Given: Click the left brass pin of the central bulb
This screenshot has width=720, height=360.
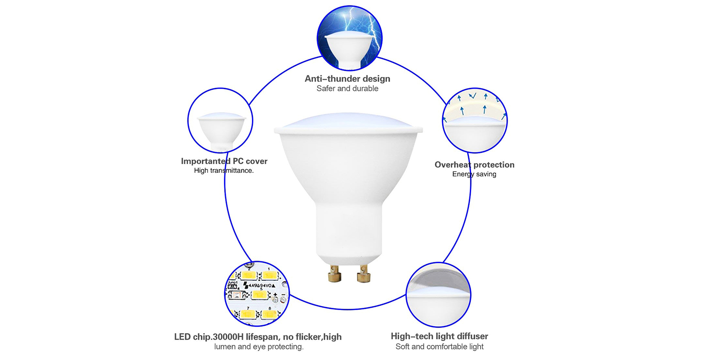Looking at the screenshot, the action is pos(335,274).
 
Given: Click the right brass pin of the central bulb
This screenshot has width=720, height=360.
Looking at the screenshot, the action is pos(364,274).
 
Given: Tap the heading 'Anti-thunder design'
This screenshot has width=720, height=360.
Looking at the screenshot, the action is pos(347,79).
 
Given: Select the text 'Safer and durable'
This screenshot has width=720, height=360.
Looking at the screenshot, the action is pos(347,88).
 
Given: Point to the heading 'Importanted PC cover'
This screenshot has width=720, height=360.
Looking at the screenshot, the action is pos(224,161).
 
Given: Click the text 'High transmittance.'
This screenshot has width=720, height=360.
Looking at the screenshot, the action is pos(224,171).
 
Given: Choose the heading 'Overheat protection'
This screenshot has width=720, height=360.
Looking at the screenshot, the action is pos(474,165).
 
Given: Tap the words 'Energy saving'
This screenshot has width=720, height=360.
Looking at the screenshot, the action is pos(474,174).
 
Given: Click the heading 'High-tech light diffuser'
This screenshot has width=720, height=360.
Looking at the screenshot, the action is pos(439,336).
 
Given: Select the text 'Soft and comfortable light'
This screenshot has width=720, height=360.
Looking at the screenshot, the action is pos(439,346).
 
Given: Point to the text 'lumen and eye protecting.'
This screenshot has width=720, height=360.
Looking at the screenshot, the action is pos(259,347).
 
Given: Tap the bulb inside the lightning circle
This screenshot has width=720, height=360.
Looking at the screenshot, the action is pos(349,50).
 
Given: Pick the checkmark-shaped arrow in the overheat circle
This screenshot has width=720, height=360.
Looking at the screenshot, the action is pos(472,95).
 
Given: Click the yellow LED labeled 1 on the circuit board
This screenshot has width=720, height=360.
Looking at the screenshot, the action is pos(270,275).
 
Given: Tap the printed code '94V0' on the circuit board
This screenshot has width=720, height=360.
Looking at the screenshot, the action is pos(266,285).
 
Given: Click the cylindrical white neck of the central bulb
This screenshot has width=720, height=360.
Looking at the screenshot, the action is pos(349,231).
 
